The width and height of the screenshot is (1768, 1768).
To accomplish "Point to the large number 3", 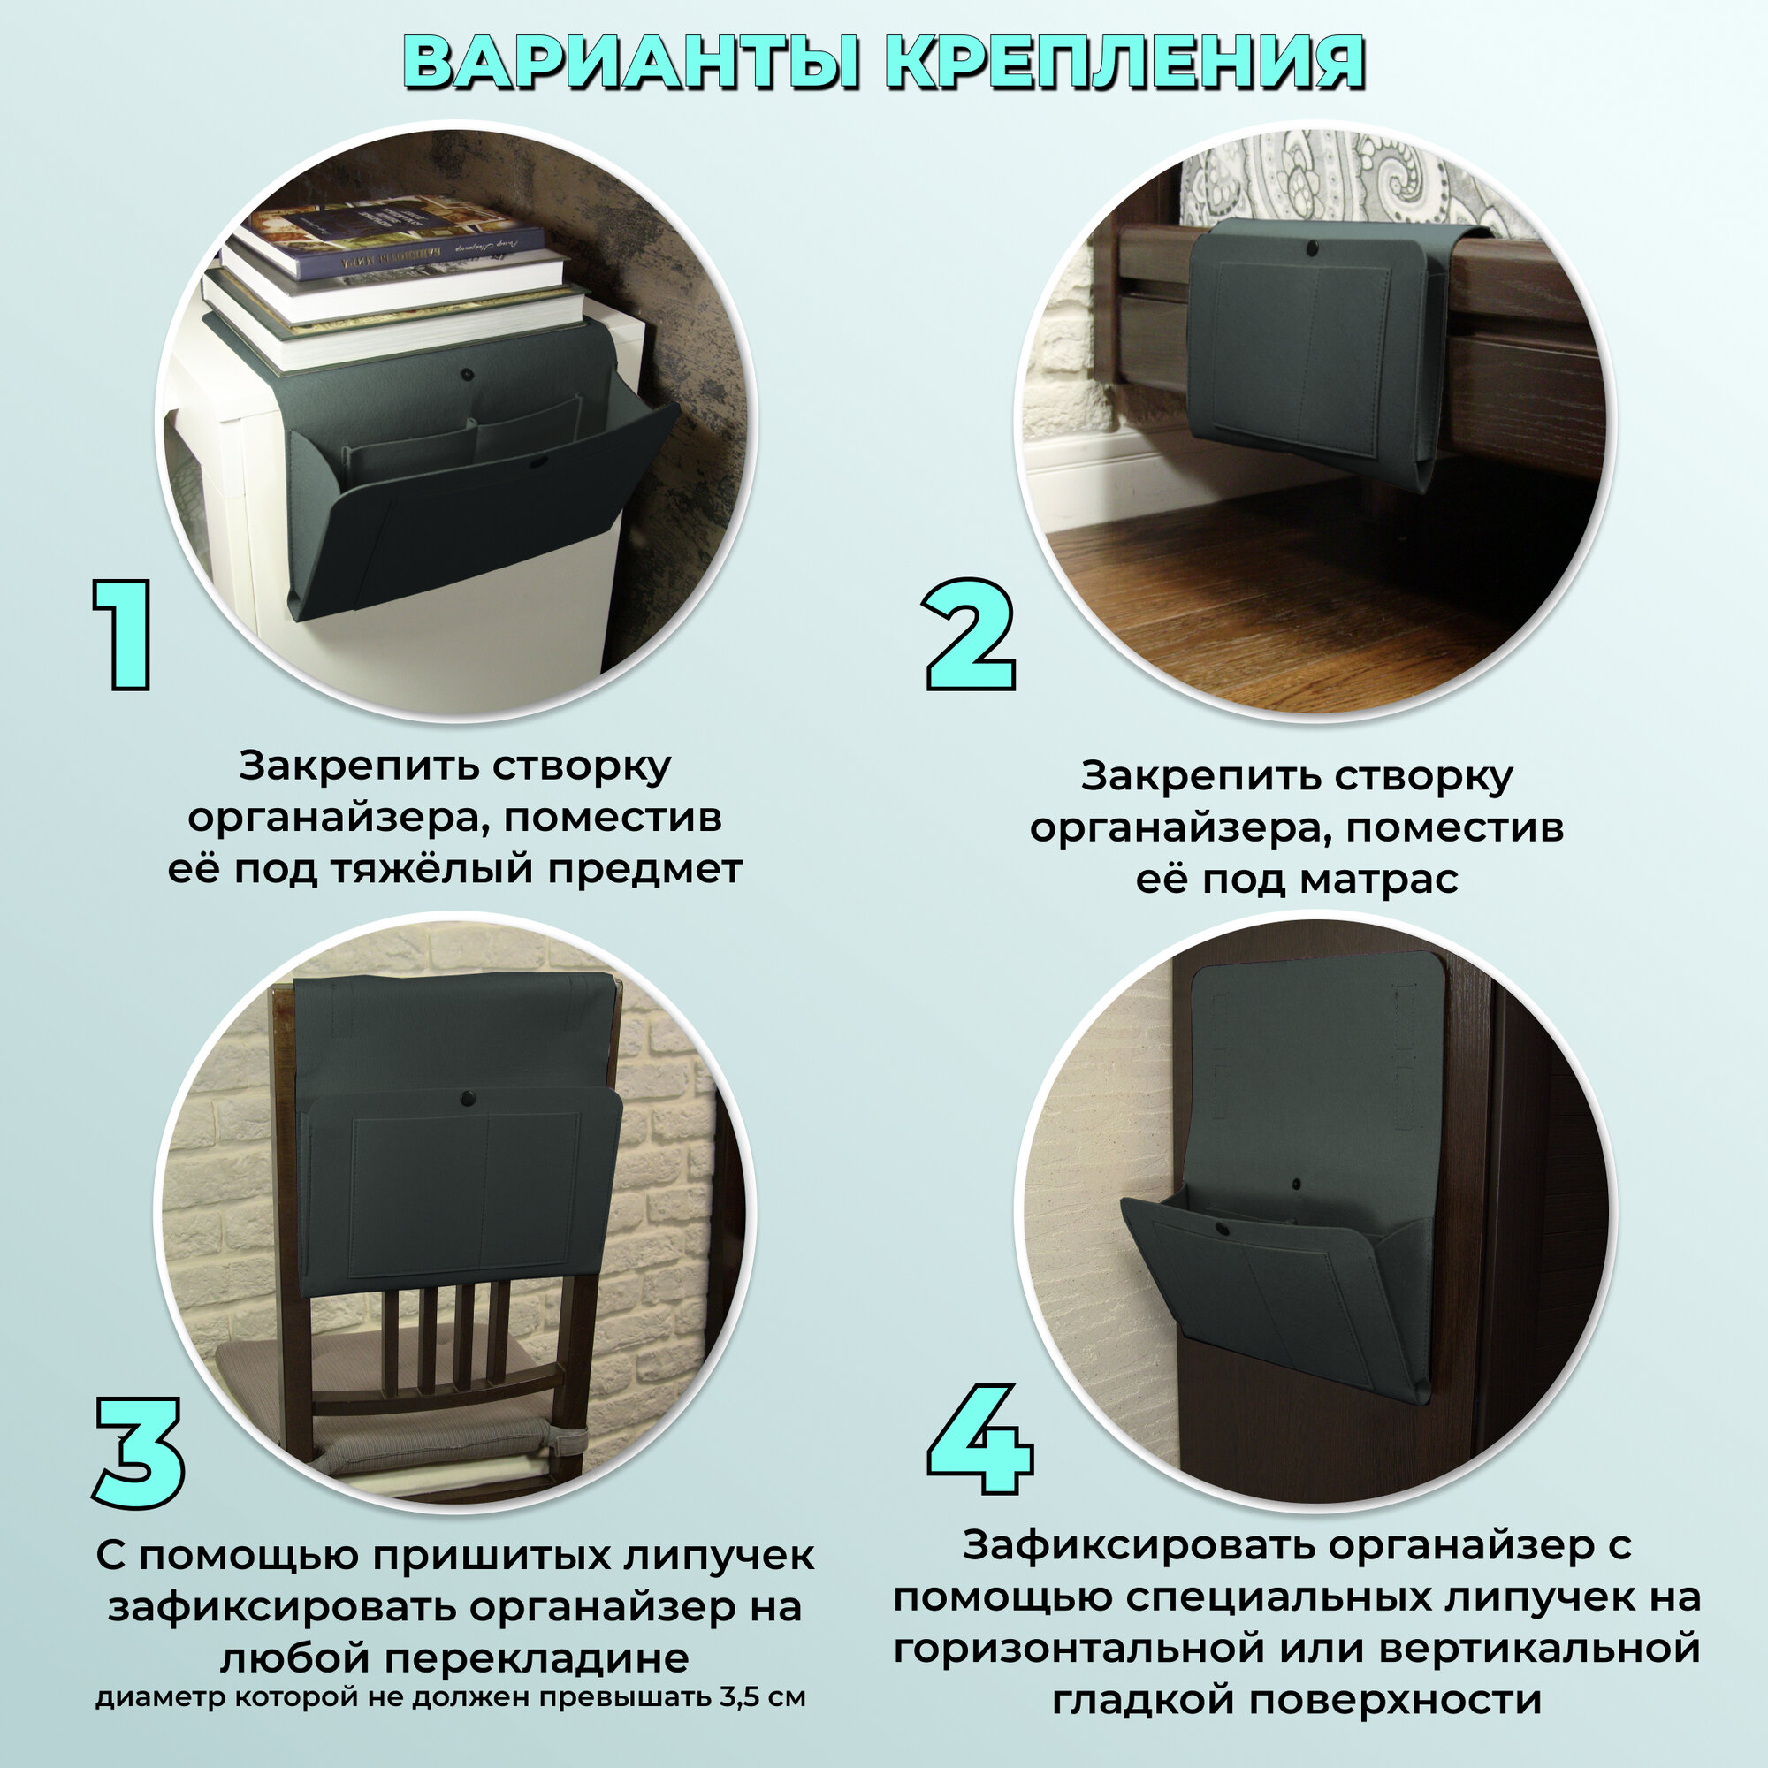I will point(140,1452).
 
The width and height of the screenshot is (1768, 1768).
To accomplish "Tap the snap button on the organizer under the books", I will point(469,373).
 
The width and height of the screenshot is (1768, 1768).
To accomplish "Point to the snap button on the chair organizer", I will point(469,1095).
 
